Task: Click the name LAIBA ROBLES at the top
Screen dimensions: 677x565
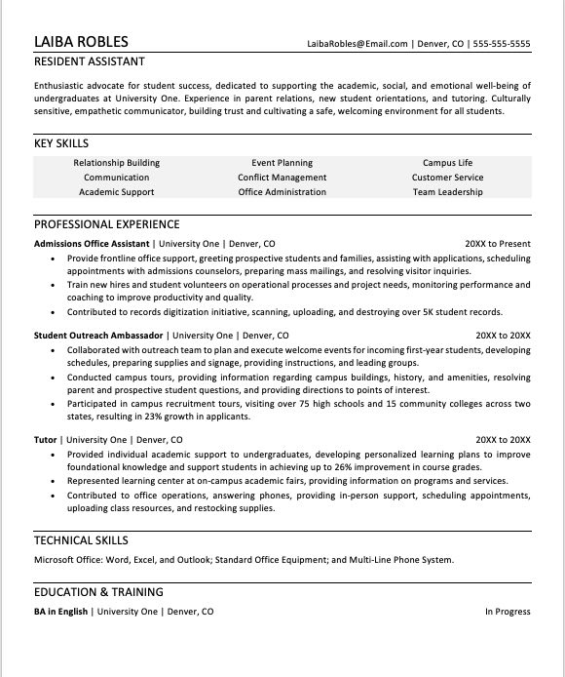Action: pyautogui.click(x=81, y=42)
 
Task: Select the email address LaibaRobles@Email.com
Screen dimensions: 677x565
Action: pyautogui.click(x=358, y=44)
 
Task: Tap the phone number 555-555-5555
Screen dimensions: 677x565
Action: pyautogui.click(x=503, y=44)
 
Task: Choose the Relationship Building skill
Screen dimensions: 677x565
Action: pyautogui.click(x=116, y=163)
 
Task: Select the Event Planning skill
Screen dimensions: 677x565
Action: pyautogui.click(x=282, y=163)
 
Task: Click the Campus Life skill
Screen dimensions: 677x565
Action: pyautogui.click(x=447, y=163)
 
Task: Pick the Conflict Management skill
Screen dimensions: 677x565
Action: pyautogui.click(x=282, y=178)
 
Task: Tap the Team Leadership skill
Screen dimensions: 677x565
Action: pyautogui.click(x=447, y=192)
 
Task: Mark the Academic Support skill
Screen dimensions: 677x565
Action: pyautogui.click(x=116, y=192)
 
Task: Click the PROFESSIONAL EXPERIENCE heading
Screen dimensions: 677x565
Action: pyautogui.click(x=106, y=223)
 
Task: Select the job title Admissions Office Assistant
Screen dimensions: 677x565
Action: pyautogui.click(x=92, y=243)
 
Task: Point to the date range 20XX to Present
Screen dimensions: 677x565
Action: pyautogui.click(x=497, y=243)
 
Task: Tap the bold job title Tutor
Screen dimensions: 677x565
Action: pyautogui.click(x=46, y=440)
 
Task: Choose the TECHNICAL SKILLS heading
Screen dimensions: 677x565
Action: pyautogui.click(x=81, y=540)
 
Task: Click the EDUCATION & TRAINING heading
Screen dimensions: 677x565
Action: pyautogui.click(x=98, y=592)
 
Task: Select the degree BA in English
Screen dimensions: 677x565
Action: pyautogui.click(x=61, y=612)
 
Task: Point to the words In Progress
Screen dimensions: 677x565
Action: pyautogui.click(x=508, y=612)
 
